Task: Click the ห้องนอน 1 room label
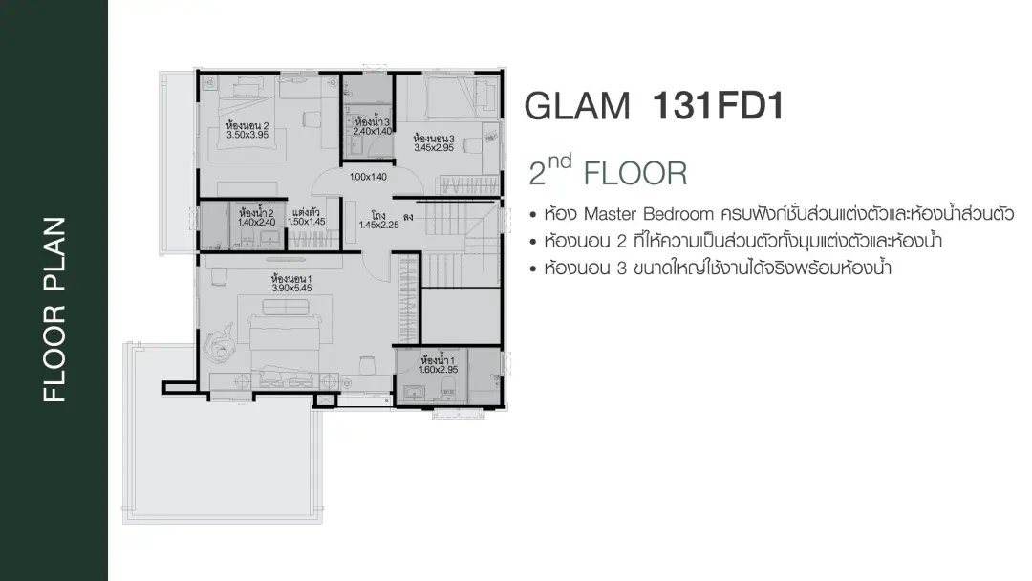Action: tap(291, 279)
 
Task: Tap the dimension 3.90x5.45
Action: tap(291, 289)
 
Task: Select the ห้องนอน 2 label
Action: tap(247, 126)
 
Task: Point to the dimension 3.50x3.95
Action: tap(247, 135)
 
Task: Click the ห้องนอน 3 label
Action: tap(434, 139)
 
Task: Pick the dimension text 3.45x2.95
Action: tap(434, 148)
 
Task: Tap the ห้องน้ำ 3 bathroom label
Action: tap(373, 121)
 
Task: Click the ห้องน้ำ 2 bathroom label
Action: tap(256, 213)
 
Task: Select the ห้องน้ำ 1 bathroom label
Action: tap(438, 360)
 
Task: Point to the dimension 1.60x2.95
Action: tap(439, 370)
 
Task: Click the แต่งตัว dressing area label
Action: tap(306, 212)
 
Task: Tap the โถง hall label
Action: tap(377, 215)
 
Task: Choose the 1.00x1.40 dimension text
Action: tap(368, 177)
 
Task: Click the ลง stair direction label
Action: tap(408, 217)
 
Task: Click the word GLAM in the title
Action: tap(577, 106)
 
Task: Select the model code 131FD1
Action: tap(718, 105)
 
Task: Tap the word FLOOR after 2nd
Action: tap(635, 174)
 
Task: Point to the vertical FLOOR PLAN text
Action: tap(54, 310)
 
